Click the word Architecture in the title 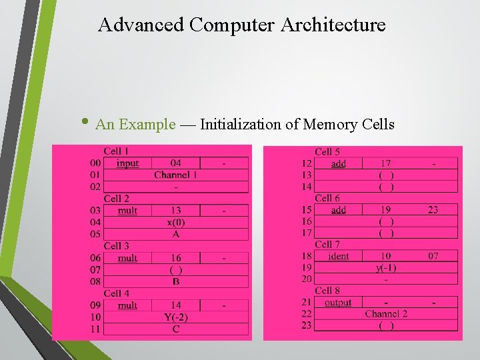point(333,25)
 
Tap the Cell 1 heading point(117,151)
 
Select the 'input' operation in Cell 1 point(127,163)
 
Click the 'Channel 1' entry point(176,175)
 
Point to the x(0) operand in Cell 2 point(176,223)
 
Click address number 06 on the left point(95,258)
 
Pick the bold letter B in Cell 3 point(176,281)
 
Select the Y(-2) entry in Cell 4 point(176,317)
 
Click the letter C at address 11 point(176,329)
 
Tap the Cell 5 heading point(327,152)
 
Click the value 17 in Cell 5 point(386,163)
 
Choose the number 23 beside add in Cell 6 point(433,210)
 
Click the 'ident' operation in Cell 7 point(339,256)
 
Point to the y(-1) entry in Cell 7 point(386,268)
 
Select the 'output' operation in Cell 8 point(338,303)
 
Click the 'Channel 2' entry point(386,314)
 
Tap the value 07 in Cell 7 point(433,256)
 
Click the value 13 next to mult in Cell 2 point(176,211)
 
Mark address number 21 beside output point(307,303)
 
